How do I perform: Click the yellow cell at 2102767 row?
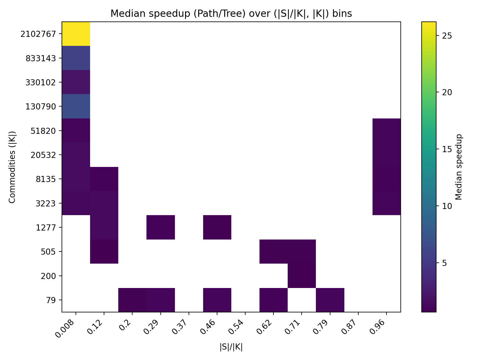(x=76, y=34)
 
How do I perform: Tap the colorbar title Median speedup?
(x=459, y=167)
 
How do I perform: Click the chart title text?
(x=231, y=14)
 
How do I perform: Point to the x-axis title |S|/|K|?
(x=231, y=347)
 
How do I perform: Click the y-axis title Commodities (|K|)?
(x=12, y=167)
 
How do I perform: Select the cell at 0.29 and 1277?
(x=161, y=227)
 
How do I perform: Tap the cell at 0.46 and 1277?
(x=217, y=227)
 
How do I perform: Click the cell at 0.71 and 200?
(x=302, y=276)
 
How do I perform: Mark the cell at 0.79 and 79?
(x=330, y=300)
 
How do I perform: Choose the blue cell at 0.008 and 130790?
(x=76, y=106)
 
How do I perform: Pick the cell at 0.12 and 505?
(x=104, y=251)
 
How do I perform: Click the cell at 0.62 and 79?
(x=273, y=300)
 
